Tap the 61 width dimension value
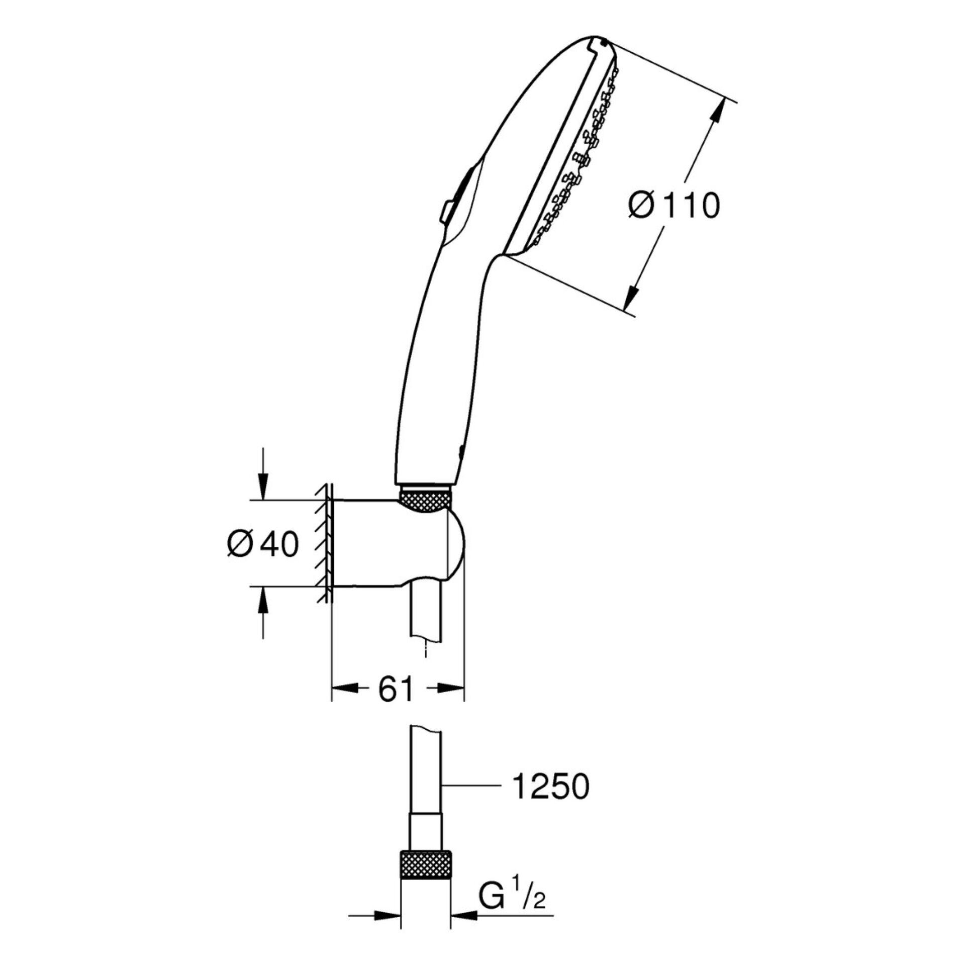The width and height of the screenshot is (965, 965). click(x=395, y=690)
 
